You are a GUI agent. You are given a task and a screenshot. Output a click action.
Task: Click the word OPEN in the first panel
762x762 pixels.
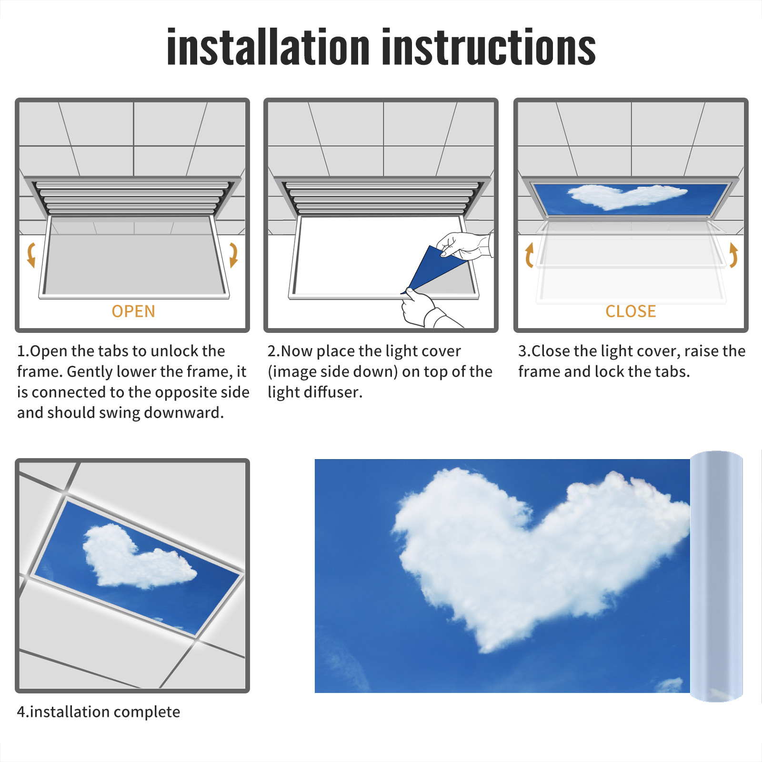[133, 311]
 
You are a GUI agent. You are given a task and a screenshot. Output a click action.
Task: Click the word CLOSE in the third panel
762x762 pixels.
[631, 311]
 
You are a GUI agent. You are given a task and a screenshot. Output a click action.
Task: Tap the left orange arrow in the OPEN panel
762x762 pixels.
[31, 255]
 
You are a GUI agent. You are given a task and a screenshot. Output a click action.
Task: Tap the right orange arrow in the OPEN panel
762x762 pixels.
[233, 255]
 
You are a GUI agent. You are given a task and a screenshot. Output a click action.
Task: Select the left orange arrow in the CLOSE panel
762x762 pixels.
[528, 255]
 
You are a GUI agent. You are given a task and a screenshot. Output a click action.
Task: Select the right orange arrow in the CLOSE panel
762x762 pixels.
[733, 255]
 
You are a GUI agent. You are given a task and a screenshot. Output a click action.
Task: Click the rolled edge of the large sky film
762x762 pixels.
[716, 576]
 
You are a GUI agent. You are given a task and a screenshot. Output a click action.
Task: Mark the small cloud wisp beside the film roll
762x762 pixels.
[671, 685]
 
